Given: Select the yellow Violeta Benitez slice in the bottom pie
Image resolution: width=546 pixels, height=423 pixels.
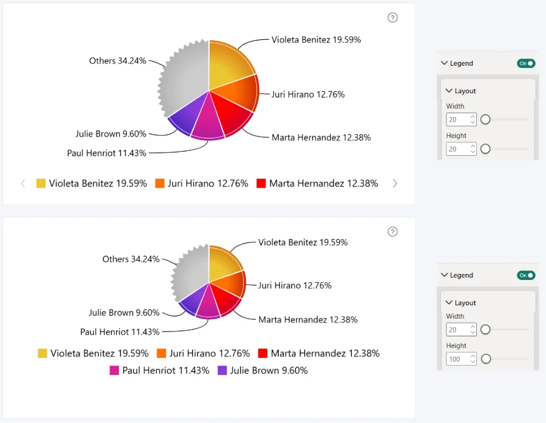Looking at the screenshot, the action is (x=222, y=263).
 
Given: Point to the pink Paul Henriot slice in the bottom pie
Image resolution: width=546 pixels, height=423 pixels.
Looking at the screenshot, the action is (x=208, y=303).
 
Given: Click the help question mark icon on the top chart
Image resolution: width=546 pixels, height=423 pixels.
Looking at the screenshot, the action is (x=392, y=18).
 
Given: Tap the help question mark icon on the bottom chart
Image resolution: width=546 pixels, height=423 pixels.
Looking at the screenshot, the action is (x=392, y=231).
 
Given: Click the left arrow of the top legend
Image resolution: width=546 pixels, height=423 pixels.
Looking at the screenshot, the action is (x=23, y=183).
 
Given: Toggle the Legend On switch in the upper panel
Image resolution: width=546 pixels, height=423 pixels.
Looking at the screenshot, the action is (x=526, y=64).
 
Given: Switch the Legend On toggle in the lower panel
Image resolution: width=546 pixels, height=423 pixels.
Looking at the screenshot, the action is (x=526, y=275).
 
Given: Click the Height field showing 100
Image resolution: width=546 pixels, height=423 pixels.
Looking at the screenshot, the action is (x=461, y=359).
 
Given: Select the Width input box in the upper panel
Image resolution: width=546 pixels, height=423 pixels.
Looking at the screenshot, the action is (x=461, y=120).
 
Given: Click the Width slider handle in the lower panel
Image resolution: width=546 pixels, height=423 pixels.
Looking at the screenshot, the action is (x=485, y=329).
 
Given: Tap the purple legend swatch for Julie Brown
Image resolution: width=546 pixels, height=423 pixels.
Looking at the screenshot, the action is (x=222, y=370).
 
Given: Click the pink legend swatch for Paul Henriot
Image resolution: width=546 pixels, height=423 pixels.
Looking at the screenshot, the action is (x=114, y=370).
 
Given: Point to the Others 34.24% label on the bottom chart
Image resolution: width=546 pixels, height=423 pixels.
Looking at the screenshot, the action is (x=131, y=259).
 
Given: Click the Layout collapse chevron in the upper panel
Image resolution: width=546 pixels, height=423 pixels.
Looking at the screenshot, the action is (x=449, y=91).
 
